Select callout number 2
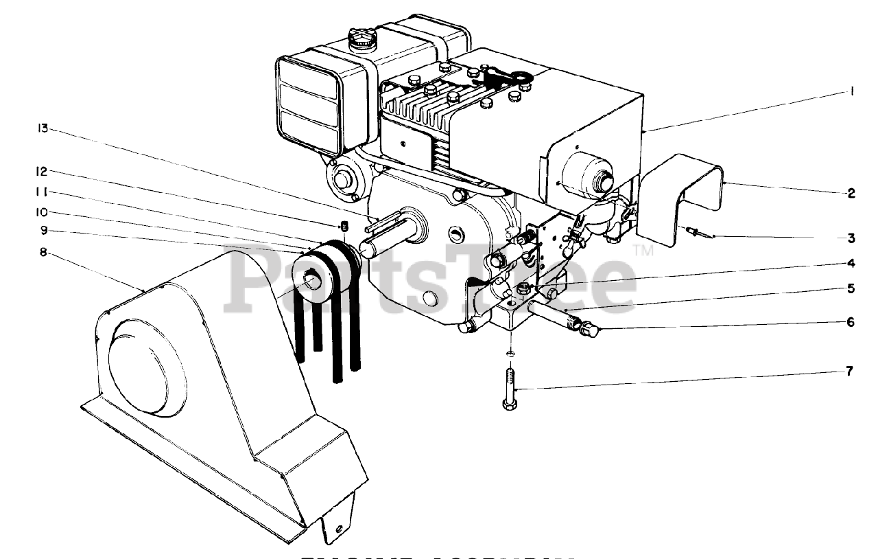pyautogui.click(x=851, y=193)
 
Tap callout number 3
pyautogui.click(x=851, y=239)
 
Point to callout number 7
pyautogui.click(x=849, y=372)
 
